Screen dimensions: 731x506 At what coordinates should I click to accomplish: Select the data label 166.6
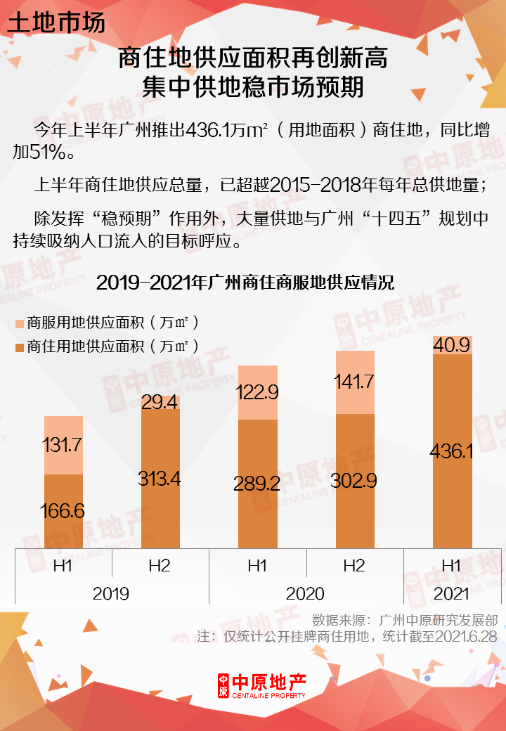[63, 510]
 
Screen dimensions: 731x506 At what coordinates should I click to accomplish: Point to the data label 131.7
[63, 445]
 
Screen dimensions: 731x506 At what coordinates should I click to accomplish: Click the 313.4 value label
[160, 479]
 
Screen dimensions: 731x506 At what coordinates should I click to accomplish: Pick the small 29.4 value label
[160, 402]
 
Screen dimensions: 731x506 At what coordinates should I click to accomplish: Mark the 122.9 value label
[257, 392]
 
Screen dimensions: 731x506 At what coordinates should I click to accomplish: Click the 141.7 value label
[354, 382]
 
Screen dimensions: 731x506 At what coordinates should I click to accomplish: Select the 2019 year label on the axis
[111, 594]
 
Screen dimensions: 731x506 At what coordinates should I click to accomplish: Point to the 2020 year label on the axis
[305, 594]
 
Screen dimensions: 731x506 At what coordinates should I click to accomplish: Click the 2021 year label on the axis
[451, 594]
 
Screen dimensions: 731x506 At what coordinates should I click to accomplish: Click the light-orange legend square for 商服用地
[19, 323]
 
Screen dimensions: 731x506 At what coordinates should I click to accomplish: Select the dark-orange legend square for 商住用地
[19, 347]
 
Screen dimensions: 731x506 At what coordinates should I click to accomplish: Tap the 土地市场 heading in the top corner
[56, 22]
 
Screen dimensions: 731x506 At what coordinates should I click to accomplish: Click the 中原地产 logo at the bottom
[261, 685]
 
